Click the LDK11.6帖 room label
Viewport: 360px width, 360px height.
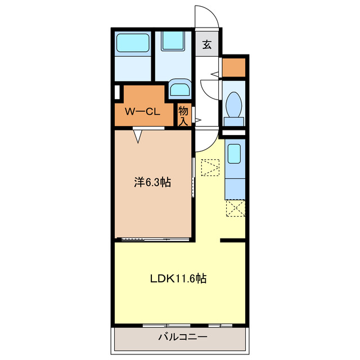coord(178,278)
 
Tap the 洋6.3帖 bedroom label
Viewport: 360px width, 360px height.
coord(152,182)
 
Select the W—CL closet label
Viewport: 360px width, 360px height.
coord(142,112)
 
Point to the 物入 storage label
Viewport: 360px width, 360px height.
coord(183,116)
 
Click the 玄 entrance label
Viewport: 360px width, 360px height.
coord(207,44)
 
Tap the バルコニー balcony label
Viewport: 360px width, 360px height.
coord(183,337)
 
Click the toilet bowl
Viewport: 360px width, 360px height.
coord(234,105)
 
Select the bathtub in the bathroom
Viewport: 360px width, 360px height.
coord(133,43)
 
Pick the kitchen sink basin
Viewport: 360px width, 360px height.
coord(234,154)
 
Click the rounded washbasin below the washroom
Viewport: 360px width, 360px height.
coord(180,88)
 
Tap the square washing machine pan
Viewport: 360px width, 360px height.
coord(173,41)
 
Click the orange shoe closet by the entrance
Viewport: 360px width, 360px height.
coord(234,67)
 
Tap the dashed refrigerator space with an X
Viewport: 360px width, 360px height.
coord(236,208)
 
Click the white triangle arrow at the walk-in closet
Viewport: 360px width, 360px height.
coord(138,137)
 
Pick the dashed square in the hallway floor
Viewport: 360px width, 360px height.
coord(210,168)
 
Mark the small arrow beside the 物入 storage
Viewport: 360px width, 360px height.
coord(198,120)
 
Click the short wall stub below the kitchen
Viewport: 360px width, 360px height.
coord(232,240)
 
